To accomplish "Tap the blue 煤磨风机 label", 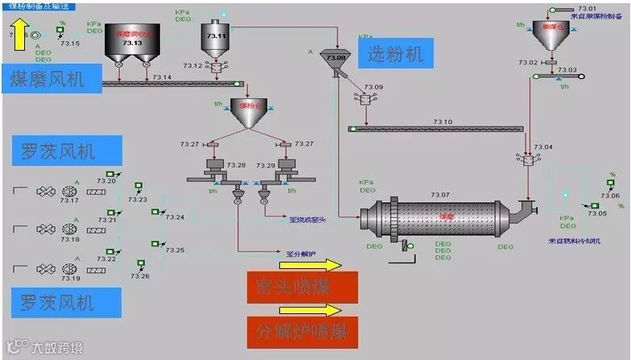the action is click(x=54, y=78).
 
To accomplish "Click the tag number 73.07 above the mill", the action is click(x=440, y=195).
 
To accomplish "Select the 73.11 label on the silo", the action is click(x=217, y=36).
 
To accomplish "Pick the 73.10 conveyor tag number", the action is click(x=443, y=122).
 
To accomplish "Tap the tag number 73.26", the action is click(x=140, y=276).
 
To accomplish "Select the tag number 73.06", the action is click(x=611, y=196).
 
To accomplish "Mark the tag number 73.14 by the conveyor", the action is click(x=162, y=77).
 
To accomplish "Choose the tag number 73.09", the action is click(x=373, y=87).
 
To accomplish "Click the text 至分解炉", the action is click(x=303, y=254).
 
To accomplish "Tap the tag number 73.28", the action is click(x=236, y=165).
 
